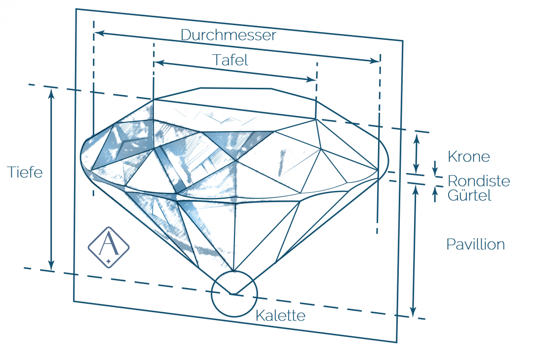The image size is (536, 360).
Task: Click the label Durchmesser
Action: pos(228,36)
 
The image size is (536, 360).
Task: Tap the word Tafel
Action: pos(230,60)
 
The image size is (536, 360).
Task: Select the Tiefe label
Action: pos(25,172)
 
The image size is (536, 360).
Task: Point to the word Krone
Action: pos(468,157)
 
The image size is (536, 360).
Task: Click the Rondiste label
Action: pos(478,180)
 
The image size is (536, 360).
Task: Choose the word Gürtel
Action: pos(469,195)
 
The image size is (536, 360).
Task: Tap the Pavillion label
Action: pos(475,244)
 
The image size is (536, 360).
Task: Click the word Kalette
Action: pos(280,316)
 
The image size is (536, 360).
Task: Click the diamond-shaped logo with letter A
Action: pos(109,248)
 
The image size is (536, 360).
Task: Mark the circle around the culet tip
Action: pos(234,293)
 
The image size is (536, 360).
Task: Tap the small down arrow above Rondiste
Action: pos(435,171)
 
